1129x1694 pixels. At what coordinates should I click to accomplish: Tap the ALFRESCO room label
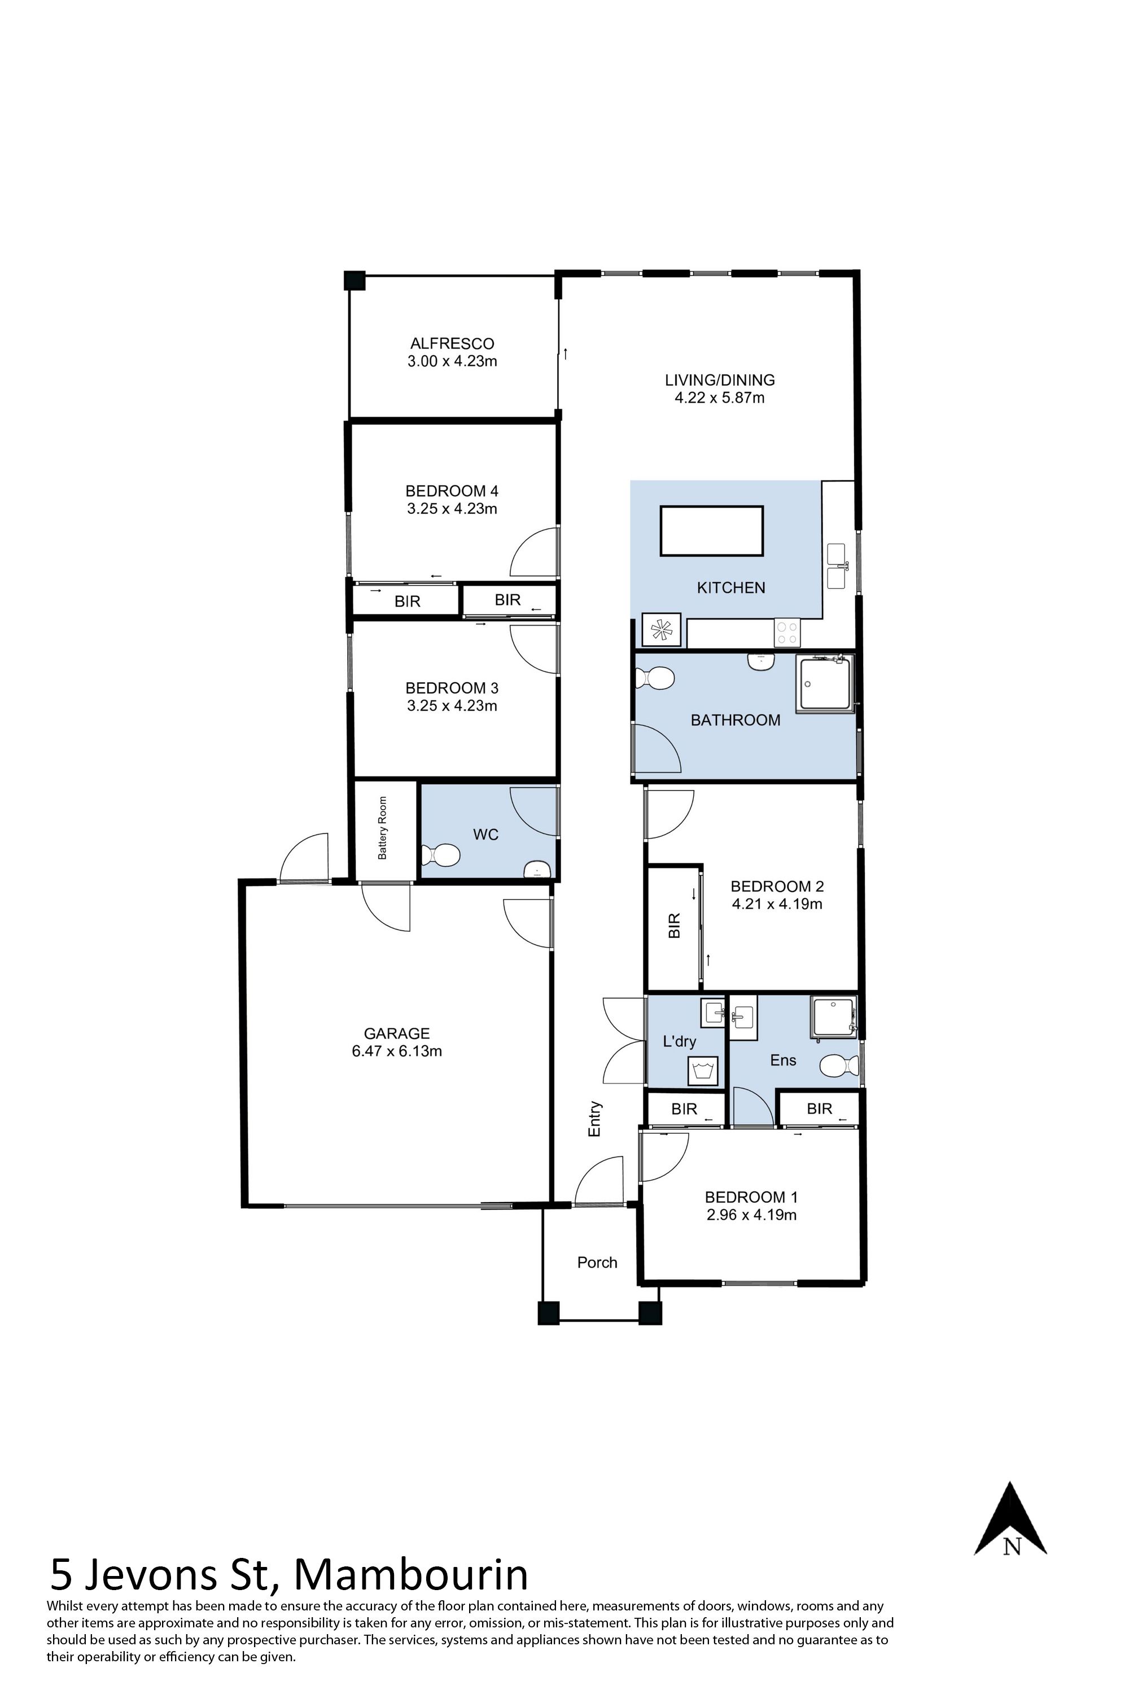point(452,343)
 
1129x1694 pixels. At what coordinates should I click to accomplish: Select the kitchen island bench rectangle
point(712,531)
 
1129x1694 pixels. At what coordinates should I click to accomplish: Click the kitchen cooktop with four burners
point(787,632)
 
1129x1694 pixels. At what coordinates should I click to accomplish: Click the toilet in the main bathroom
point(654,678)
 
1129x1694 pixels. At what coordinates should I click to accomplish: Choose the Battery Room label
point(382,828)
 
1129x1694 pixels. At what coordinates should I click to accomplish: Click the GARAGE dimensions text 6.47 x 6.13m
point(397,1051)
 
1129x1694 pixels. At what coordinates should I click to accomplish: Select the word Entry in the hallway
point(595,1119)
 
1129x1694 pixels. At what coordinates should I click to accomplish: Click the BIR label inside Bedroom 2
point(675,925)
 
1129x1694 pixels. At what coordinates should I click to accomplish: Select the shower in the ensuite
point(834,1017)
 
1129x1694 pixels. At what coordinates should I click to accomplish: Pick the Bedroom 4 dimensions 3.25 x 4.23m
point(452,509)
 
